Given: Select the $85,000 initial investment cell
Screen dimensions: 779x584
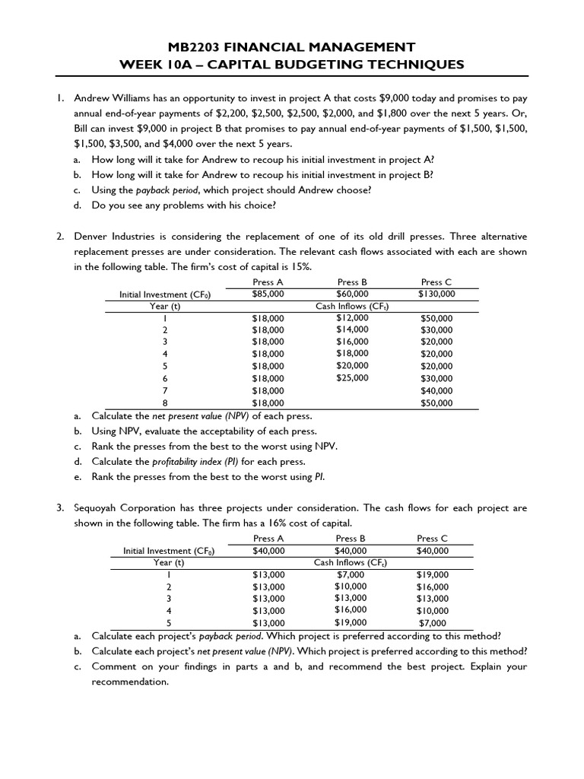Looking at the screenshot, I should [x=268, y=294].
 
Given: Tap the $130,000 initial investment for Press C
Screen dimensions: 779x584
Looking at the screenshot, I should [x=436, y=294].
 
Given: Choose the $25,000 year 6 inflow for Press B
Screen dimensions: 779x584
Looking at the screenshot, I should [x=352, y=377].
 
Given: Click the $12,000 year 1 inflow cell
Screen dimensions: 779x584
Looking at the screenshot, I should [x=352, y=317].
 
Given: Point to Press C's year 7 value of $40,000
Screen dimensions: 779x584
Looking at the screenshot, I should [x=436, y=390].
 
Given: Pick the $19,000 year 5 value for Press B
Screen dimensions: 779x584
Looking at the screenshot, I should [x=351, y=622].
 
